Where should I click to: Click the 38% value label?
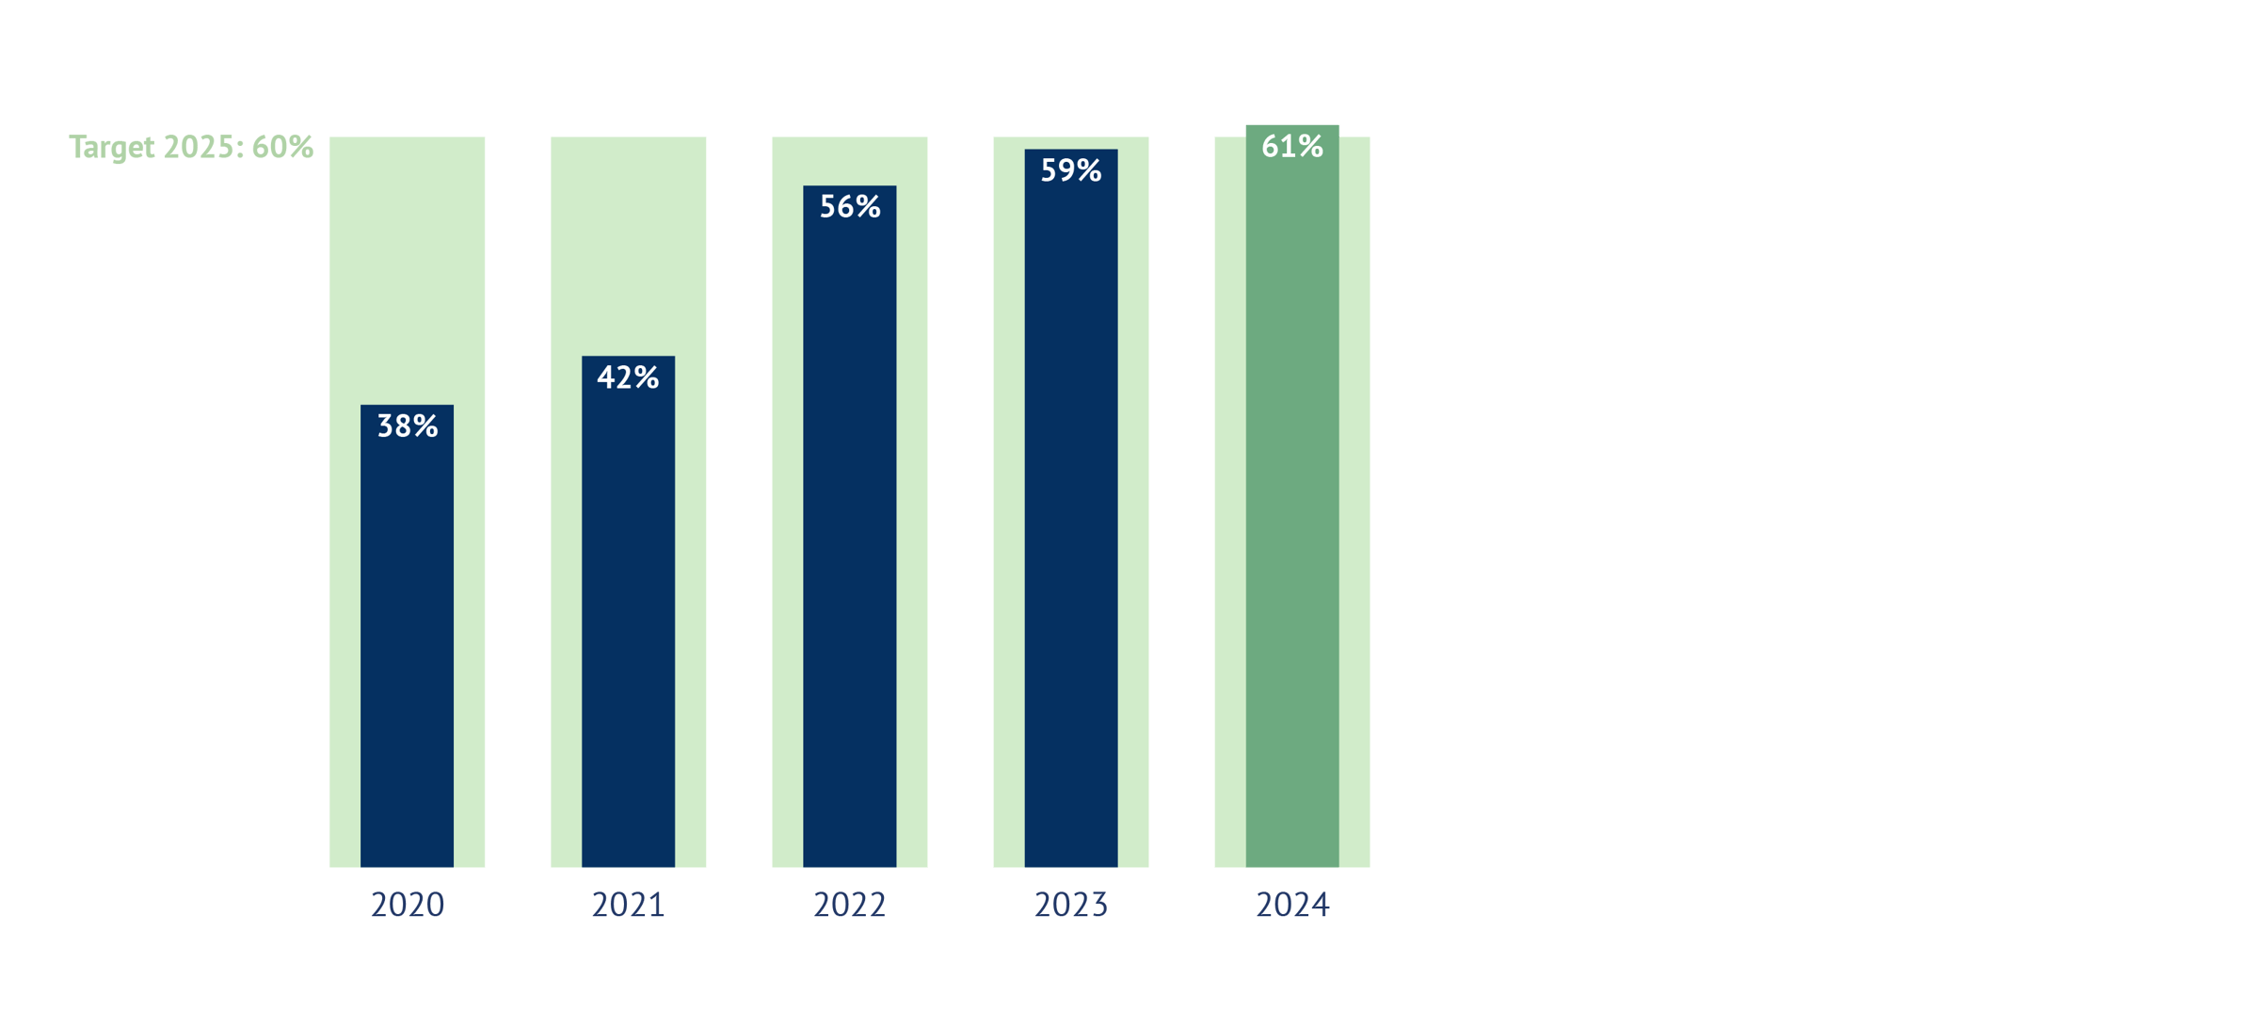(x=407, y=426)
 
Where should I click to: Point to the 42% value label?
(x=628, y=377)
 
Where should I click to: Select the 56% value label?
(x=849, y=206)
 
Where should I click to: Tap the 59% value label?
(x=1071, y=170)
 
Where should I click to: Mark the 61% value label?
(x=1292, y=146)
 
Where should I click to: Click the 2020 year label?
(x=407, y=905)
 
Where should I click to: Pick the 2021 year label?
(x=628, y=905)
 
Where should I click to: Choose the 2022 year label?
(x=849, y=905)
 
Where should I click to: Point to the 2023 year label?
(x=1071, y=905)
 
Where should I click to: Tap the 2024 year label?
(x=1292, y=905)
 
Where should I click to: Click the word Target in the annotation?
(x=111, y=148)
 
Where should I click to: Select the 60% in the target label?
(x=282, y=147)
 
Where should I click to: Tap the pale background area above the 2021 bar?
(x=628, y=245)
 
